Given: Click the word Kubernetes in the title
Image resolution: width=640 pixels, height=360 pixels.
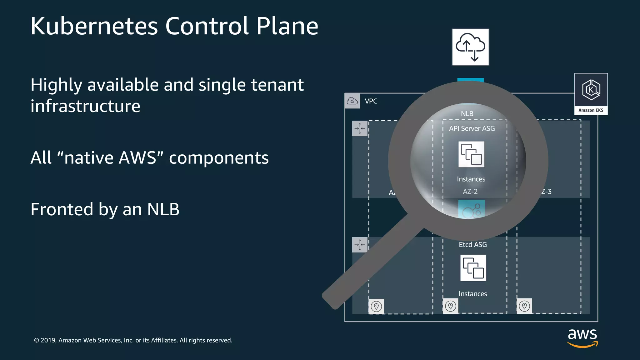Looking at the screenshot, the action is [x=94, y=26].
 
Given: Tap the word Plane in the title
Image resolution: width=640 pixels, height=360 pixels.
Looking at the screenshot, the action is [x=287, y=26].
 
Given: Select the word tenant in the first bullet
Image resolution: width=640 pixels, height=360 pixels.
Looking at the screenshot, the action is [x=277, y=85].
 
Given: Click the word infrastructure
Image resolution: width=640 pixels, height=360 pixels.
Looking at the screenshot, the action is [x=85, y=106].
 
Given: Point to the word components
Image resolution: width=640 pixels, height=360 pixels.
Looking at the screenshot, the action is [x=219, y=158].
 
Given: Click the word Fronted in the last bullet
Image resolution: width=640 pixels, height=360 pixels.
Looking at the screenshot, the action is [x=62, y=209].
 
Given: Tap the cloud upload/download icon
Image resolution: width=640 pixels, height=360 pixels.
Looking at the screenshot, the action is [x=470, y=47].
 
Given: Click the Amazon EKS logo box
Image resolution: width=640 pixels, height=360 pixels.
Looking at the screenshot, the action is [x=591, y=93].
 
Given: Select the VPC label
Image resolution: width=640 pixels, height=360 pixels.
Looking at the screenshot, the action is [x=371, y=101].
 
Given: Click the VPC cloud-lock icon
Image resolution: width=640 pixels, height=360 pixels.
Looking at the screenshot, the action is [x=352, y=101].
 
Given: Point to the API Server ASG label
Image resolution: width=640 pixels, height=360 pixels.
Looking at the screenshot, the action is [x=472, y=128].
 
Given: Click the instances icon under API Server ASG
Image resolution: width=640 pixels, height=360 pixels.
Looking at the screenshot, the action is [x=471, y=154].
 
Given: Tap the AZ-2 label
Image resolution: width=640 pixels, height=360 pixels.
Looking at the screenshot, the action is [x=470, y=192].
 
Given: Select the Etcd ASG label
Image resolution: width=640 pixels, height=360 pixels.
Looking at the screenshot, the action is [x=473, y=245].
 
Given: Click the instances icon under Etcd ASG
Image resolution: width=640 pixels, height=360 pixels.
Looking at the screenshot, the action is [x=473, y=268].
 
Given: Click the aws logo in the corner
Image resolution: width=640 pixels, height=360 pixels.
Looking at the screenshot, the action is [x=582, y=337].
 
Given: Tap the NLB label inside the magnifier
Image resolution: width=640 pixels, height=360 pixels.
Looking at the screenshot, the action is [x=467, y=114].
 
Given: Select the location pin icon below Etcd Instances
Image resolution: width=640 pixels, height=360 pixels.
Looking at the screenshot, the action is [x=450, y=306].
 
